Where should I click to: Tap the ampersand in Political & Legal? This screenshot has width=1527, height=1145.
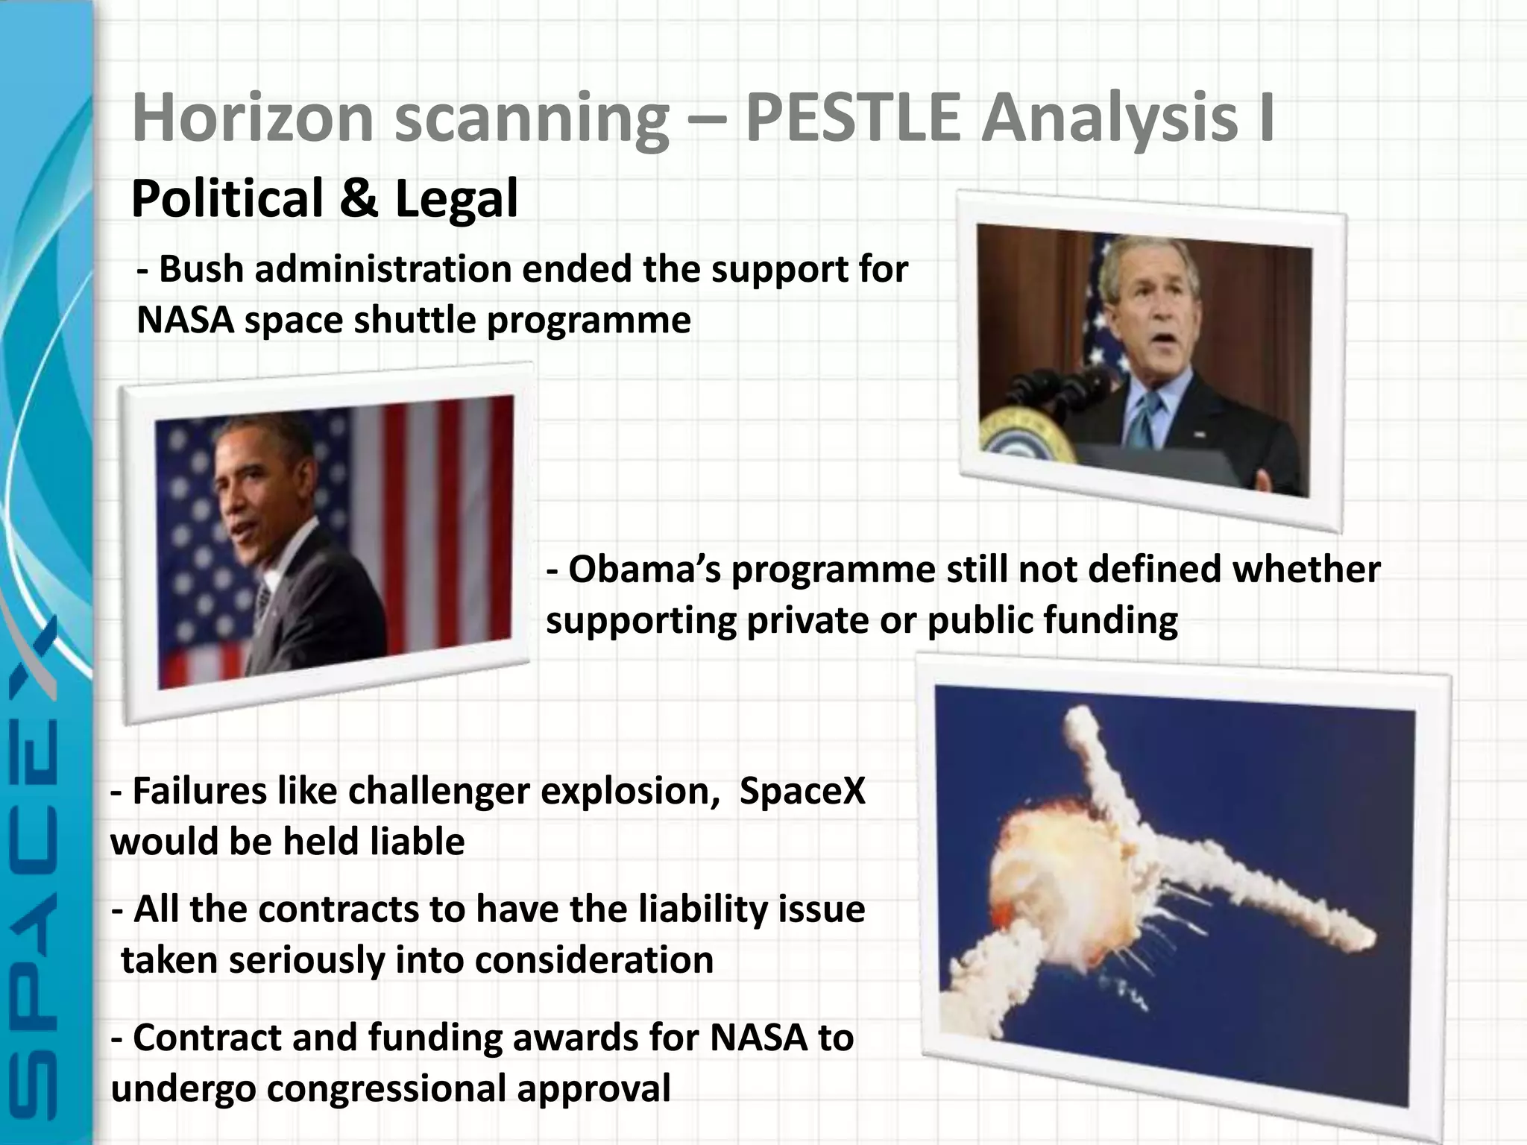click(359, 200)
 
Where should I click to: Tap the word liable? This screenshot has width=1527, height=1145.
click(418, 842)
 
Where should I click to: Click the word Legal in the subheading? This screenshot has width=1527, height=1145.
click(456, 200)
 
